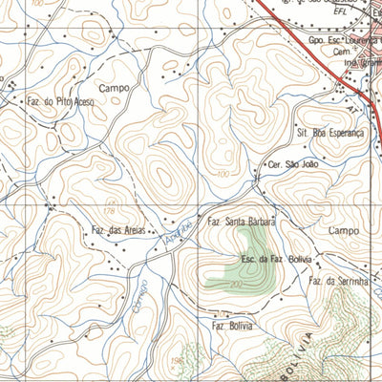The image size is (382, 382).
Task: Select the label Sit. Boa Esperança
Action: [x=330, y=134]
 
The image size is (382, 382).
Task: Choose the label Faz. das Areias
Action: [x=117, y=230]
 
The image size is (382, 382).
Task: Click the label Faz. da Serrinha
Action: [x=338, y=281]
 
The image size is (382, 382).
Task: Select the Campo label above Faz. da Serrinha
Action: [x=344, y=231]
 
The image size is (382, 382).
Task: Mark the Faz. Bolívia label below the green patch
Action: [x=234, y=326]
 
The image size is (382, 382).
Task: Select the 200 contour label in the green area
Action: [x=236, y=285]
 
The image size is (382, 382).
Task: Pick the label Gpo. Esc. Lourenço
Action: [x=344, y=42]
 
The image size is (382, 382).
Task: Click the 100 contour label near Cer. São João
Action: [x=223, y=174]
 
